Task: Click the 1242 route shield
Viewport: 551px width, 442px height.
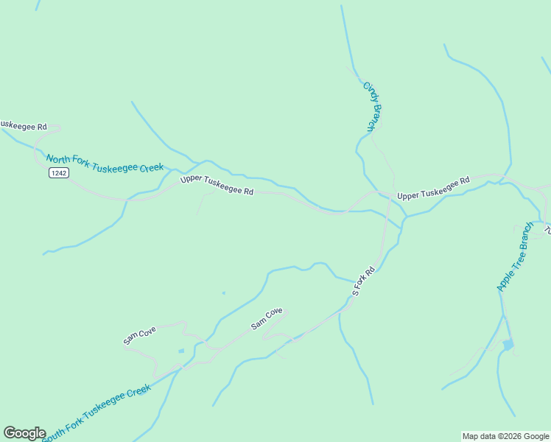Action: [59, 172]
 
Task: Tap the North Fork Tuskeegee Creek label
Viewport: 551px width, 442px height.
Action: [104, 163]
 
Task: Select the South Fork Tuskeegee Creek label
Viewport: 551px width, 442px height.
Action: [96, 413]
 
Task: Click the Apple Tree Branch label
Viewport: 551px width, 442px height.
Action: [515, 256]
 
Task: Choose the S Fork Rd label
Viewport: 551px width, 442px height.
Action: [364, 282]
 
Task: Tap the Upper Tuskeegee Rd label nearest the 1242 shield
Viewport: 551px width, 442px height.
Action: [217, 185]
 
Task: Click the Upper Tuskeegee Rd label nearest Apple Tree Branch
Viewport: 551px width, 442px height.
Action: [433, 189]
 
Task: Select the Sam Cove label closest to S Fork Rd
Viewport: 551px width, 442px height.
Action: [267, 318]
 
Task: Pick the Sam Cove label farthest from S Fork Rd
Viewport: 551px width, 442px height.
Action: [139, 337]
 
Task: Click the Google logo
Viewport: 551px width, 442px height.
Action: [24, 433]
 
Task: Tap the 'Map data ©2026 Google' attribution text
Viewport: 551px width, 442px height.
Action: [505, 436]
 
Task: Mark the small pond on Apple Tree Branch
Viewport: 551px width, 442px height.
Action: [508, 344]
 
